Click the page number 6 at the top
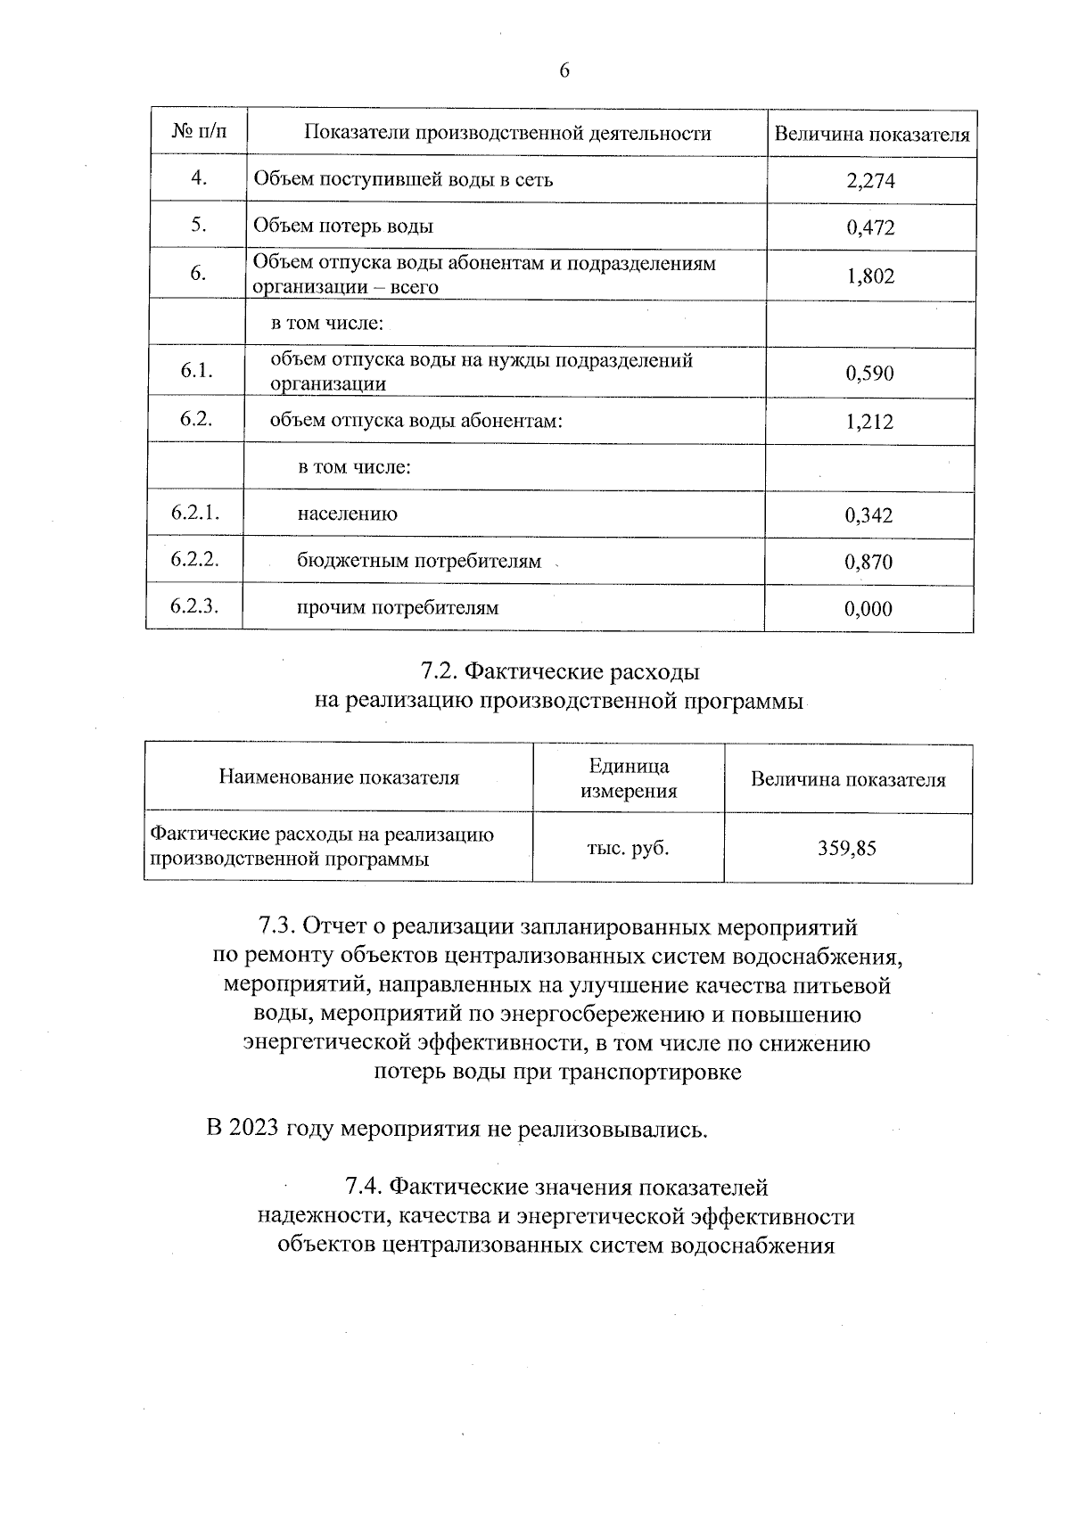click(564, 71)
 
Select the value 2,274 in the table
click(870, 181)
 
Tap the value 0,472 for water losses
click(870, 227)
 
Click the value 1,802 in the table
click(870, 276)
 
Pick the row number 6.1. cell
click(196, 371)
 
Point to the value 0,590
click(869, 374)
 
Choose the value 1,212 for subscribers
click(869, 422)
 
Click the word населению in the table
click(348, 514)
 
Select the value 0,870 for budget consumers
click(868, 563)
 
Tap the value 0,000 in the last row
click(868, 610)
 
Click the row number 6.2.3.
click(194, 606)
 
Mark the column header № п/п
click(199, 132)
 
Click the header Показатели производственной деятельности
click(507, 134)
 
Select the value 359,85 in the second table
click(847, 848)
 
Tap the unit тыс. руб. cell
click(628, 848)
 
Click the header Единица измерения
click(629, 778)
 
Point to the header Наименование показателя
click(339, 777)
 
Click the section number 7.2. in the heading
click(440, 671)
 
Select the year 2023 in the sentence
click(254, 1129)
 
